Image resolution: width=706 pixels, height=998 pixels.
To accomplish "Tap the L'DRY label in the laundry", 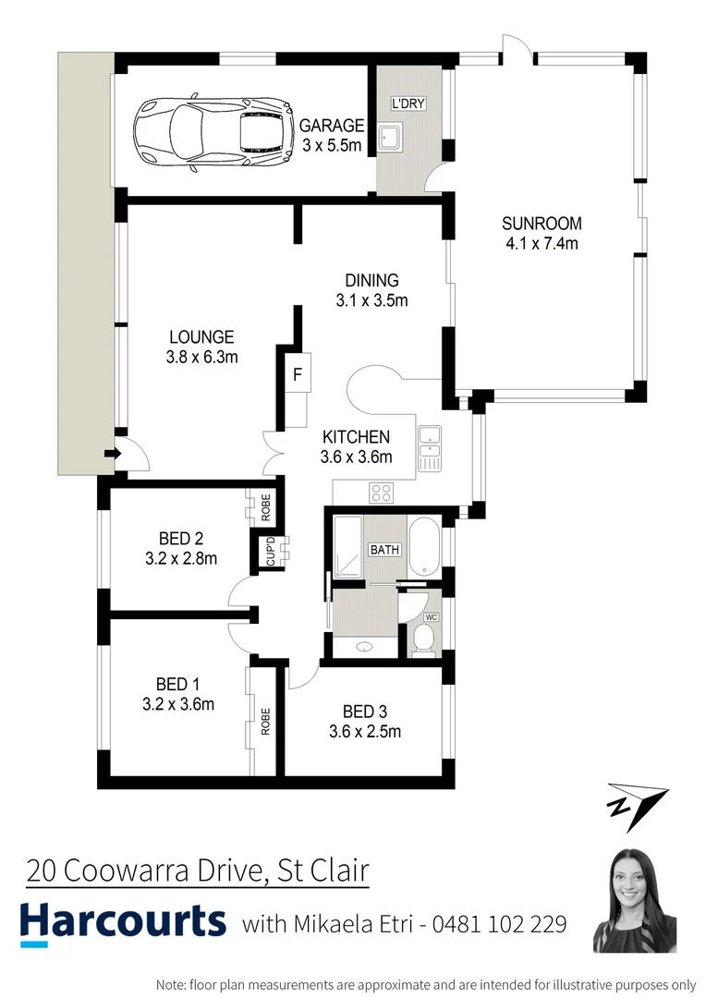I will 408,103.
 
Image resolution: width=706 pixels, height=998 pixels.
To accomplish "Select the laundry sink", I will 390,139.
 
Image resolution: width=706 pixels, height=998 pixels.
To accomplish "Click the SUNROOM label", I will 542,223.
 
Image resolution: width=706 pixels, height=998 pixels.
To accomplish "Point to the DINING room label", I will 371,281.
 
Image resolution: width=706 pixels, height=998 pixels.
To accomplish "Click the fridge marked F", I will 297,374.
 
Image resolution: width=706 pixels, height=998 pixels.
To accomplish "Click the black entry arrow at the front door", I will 112,453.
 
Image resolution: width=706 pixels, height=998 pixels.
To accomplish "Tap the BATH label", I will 384,550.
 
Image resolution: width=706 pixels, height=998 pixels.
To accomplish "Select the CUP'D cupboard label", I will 270,552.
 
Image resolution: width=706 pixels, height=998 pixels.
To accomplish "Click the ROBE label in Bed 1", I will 265,721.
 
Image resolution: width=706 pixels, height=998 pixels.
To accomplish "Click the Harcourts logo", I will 123,922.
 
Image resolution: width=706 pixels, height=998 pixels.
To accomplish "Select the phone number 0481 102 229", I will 501,924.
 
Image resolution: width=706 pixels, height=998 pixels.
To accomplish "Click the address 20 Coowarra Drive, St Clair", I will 197,870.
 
